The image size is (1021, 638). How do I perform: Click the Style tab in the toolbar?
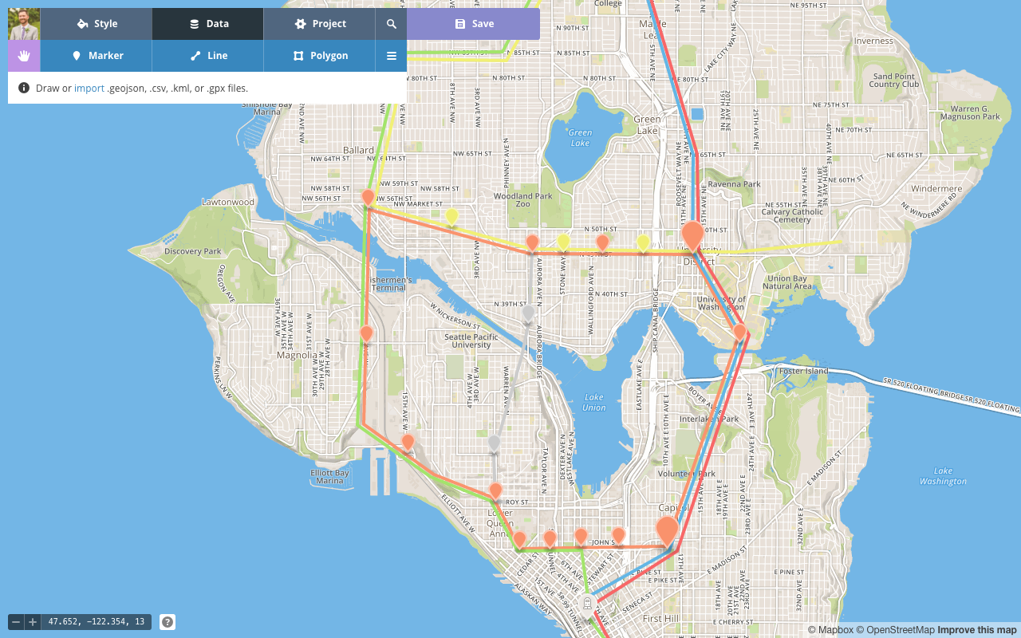(x=96, y=24)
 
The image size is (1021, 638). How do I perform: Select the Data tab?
(x=207, y=24)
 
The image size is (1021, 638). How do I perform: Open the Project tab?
(x=319, y=24)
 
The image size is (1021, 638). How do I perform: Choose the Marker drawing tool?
(x=96, y=56)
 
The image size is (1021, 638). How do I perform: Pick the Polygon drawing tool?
(x=319, y=56)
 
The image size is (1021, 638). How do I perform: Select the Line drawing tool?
(x=207, y=56)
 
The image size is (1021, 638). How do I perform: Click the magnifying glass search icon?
(x=392, y=24)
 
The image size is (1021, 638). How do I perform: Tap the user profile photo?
(x=24, y=24)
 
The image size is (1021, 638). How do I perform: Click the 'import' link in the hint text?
(x=89, y=89)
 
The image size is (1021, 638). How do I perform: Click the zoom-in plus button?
(x=33, y=622)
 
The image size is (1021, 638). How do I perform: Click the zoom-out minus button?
(x=16, y=622)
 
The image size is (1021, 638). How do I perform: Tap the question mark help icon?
(x=168, y=622)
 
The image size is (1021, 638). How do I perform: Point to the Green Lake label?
(x=581, y=138)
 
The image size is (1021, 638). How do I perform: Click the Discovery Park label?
(x=192, y=252)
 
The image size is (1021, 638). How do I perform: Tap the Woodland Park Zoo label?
(x=523, y=199)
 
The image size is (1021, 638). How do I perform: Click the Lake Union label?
(x=593, y=403)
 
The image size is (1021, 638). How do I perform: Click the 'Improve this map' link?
(x=977, y=630)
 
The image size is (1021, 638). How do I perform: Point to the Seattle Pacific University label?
(x=471, y=341)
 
